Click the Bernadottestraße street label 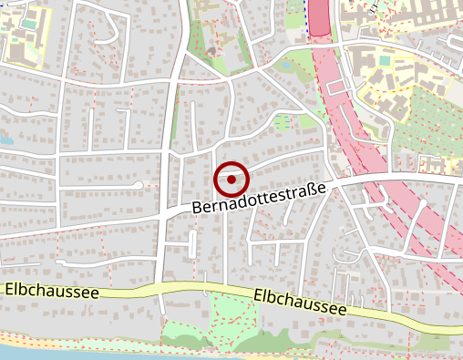[x=260, y=198]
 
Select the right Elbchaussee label [x=300, y=303]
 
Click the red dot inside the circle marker [x=231, y=180]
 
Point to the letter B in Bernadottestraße [x=198, y=210]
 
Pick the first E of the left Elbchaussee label [x=9, y=290]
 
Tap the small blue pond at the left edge [x=5, y=142]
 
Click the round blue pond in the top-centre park [x=283, y=66]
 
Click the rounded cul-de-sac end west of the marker [x=139, y=185]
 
